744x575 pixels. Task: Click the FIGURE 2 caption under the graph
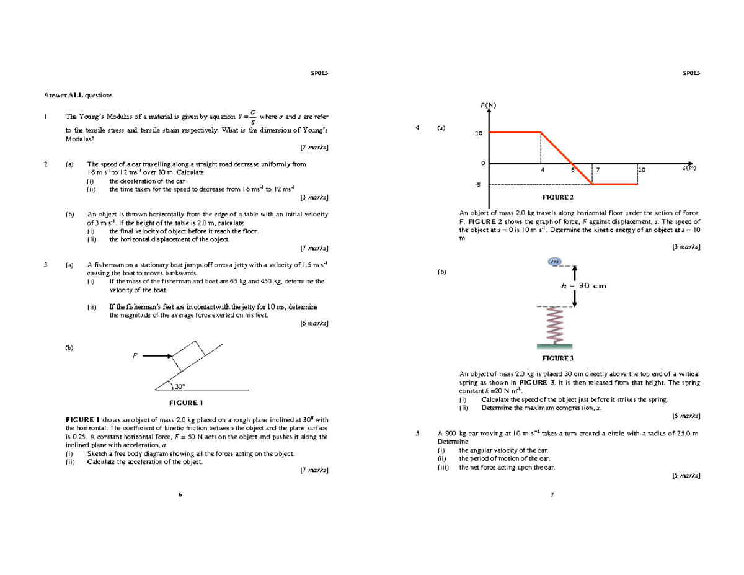pos(558,197)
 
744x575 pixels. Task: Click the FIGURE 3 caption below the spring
pos(558,359)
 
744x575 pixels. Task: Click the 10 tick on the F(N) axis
pos(478,133)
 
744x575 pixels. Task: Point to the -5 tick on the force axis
pos(477,185)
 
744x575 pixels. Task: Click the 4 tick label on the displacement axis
pos(541,169)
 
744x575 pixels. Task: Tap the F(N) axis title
pos(489,105)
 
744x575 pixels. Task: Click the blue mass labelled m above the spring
pos(554,262)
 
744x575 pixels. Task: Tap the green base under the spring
pos(554,345)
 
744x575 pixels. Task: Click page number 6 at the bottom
pos(180,494)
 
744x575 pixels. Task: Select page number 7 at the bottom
pos(551,494)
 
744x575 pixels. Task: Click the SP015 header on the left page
pos(319,73)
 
